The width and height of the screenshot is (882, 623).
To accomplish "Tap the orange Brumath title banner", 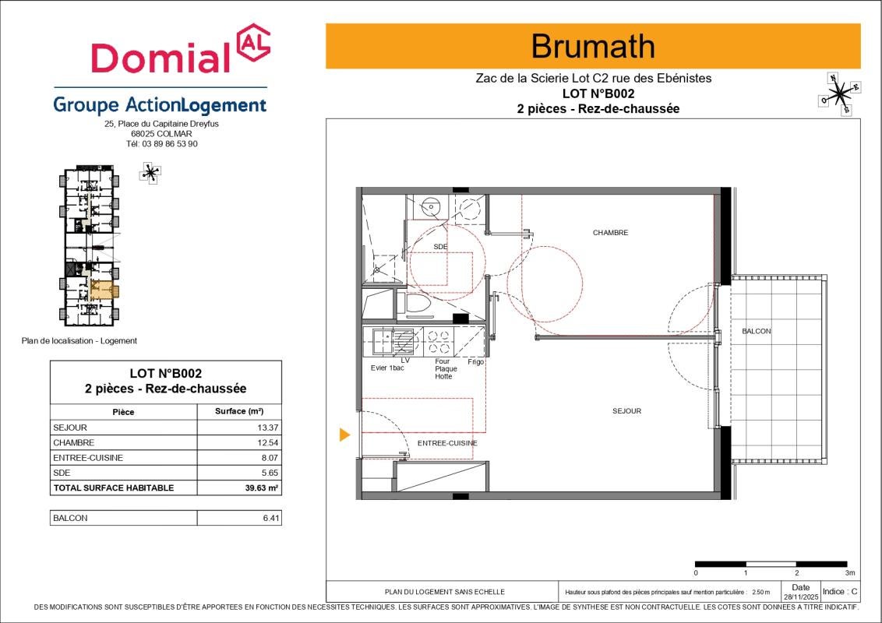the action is coord(593,46).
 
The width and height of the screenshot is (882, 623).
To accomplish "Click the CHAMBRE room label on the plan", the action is coord(610,232).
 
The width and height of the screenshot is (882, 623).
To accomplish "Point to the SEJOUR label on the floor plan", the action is coord(626,411).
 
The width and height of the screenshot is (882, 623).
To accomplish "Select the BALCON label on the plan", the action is coord(757,331).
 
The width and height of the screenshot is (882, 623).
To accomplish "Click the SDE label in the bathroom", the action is coord(440,247).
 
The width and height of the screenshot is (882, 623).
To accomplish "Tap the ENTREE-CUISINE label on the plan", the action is coord(447,443).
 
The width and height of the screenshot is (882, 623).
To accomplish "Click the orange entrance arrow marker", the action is coord(345,435).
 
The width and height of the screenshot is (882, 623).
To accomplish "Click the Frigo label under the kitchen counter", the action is coord(476,361).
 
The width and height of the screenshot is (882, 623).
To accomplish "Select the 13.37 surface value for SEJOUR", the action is coord(268,428).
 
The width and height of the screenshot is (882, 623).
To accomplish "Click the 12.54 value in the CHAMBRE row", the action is coord(268,442).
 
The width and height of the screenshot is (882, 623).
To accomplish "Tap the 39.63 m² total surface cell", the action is coord(262,488).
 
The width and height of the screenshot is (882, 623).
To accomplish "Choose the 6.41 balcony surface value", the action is coord(270,518).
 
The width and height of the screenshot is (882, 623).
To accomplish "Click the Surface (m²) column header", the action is coord(239,411).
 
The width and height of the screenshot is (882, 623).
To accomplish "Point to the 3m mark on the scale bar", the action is coord(850,573).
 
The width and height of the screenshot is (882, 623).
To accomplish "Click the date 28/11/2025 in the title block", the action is coord(800,597).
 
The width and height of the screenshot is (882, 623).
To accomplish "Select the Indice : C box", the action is coord(840,592).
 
